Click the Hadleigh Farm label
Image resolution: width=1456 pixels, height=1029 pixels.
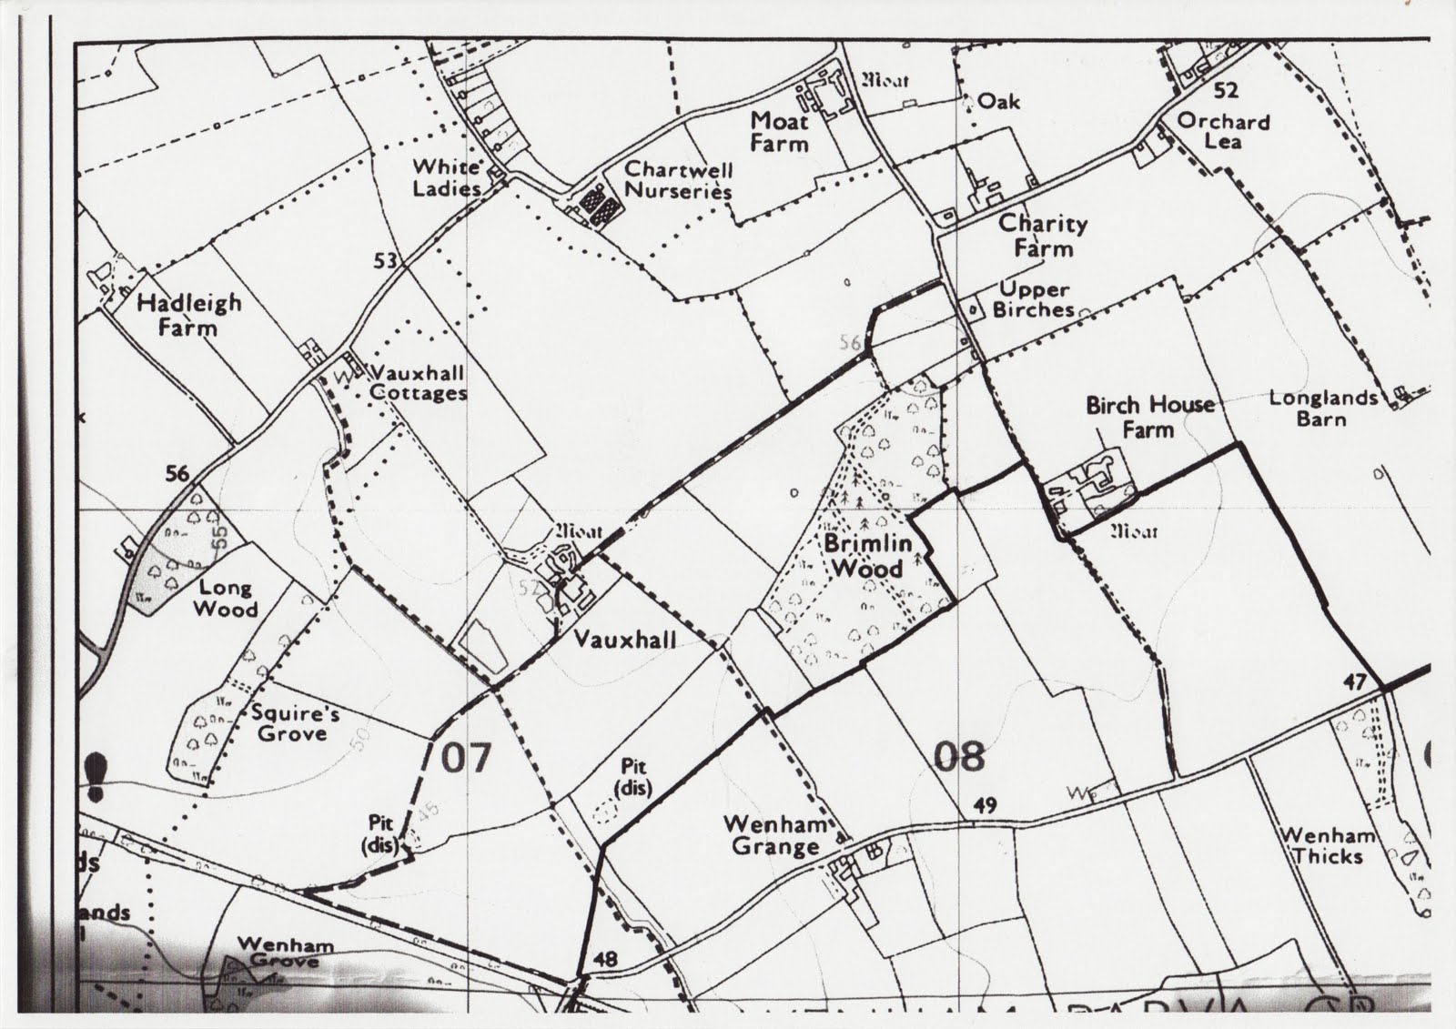[189, 314]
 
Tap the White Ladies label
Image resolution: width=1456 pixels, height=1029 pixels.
[446, 177]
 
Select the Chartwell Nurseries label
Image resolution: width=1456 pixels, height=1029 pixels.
[678, 180]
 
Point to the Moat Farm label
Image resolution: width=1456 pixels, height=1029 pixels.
[779, 132]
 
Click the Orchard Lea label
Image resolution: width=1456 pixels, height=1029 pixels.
[1223, 131]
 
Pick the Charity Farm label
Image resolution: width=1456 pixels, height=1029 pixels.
[1043, 236]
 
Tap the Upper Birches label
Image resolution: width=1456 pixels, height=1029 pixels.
[1033, 299]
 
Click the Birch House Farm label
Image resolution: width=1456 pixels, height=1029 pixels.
[1149, 416]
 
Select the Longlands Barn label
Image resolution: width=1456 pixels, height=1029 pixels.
[1322, 408]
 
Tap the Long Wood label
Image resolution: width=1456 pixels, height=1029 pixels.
[227, 599]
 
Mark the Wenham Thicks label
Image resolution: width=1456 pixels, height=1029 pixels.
[1328, 845]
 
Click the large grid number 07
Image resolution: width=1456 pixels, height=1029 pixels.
[466, 757]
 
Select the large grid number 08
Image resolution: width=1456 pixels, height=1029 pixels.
[959, 756]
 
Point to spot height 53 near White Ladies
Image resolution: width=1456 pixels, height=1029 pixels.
[385, 261]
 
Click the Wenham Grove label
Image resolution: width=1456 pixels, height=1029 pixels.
[285, 952]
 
